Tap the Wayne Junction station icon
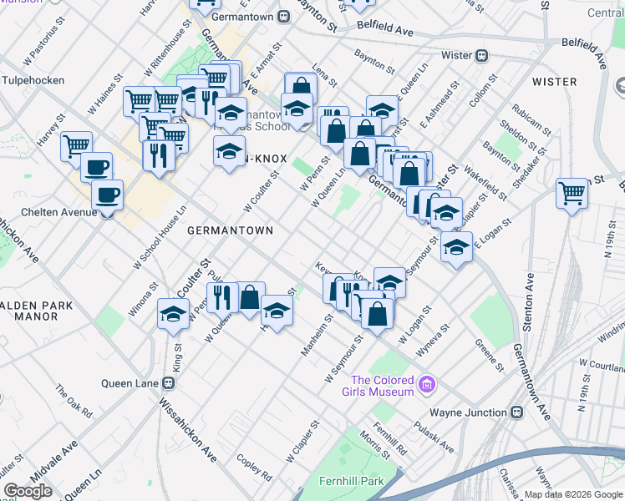coord(516,412)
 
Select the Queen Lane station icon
coord(169,383)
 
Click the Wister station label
coord(456,56)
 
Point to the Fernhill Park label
coord(350,481)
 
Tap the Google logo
coord(28,491)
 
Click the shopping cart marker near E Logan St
coord(572,194)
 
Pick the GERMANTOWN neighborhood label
coord(226,230)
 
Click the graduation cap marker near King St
coord(173,315)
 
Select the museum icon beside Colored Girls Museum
coord(427,384)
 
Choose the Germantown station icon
coord(284,15)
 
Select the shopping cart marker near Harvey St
coord(76,145)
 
